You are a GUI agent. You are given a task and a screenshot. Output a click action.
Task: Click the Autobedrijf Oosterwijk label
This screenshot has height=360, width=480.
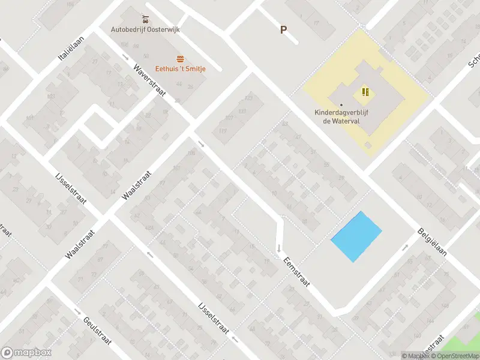coord(146,29)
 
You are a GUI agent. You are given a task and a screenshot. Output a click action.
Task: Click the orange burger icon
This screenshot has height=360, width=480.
coord(181,58)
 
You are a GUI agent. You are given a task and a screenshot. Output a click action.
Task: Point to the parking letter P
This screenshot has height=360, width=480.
coord(283,29)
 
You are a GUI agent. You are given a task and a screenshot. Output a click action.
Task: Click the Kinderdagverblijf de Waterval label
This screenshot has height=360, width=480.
coord(341,116)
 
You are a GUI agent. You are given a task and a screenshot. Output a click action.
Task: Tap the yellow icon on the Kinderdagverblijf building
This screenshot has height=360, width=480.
coord(365,92)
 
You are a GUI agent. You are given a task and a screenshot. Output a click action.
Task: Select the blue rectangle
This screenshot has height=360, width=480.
coord(356,236)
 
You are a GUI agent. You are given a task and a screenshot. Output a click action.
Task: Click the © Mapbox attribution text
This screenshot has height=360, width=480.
coord(415,356)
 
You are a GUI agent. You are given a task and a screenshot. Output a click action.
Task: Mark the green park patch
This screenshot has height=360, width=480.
coord(474,324)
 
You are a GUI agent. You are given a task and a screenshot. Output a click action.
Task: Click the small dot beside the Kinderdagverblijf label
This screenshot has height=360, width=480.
coord(341,105)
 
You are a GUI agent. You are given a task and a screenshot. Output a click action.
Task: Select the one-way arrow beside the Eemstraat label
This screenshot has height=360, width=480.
coord(279,247)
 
